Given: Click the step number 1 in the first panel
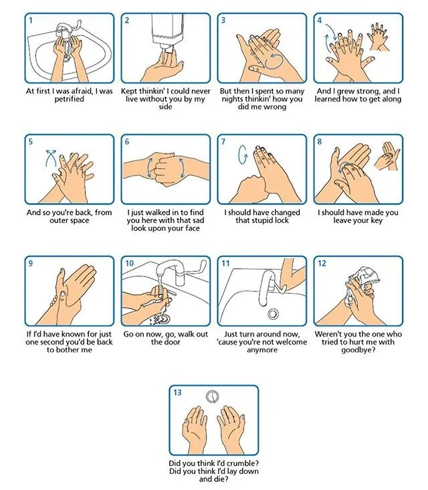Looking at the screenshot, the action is tap(31, 21).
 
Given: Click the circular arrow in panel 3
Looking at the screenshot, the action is tap(274, 61).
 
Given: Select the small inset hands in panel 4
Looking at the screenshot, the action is tap(379, 37).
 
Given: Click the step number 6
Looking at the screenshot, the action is tap(127, 142).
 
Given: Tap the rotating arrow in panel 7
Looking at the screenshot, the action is tap(242, 154).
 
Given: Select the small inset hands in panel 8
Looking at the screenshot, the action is tap(387, 156).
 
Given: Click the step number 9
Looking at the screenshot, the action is tap(30, 264).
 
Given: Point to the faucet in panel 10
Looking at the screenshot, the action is tap(172, 270).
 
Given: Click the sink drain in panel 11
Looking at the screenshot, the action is tap(274, 314).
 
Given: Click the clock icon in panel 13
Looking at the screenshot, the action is tap(212, 397).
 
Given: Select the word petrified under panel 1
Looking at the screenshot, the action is tap(69, 99).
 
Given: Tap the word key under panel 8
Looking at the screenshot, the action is tap(377, 220).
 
